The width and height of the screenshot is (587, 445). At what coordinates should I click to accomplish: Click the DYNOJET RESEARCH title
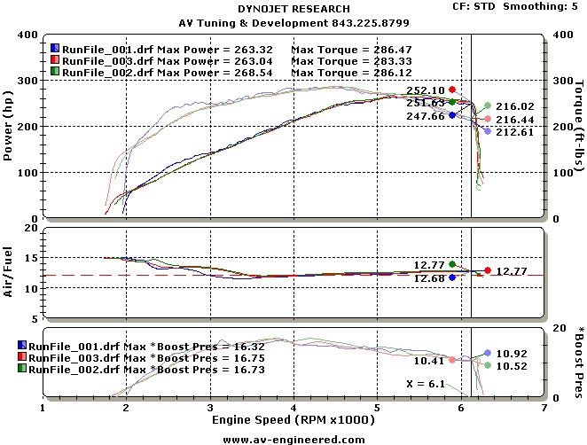293,8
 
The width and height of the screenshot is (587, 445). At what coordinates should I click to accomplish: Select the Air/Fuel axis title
8,275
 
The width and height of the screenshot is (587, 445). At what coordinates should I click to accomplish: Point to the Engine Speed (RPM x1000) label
293,420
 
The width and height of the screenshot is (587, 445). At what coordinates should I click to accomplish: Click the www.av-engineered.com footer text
293,439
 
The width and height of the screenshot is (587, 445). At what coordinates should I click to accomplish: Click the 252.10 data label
426,90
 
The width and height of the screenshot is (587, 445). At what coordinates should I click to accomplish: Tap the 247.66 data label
426,115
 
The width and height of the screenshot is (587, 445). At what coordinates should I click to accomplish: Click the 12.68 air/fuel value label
429,277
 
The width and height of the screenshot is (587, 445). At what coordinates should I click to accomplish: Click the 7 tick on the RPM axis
544,410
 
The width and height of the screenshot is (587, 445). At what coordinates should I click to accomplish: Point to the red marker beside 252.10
452,90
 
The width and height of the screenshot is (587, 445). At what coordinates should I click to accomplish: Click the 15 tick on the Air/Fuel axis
34,258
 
